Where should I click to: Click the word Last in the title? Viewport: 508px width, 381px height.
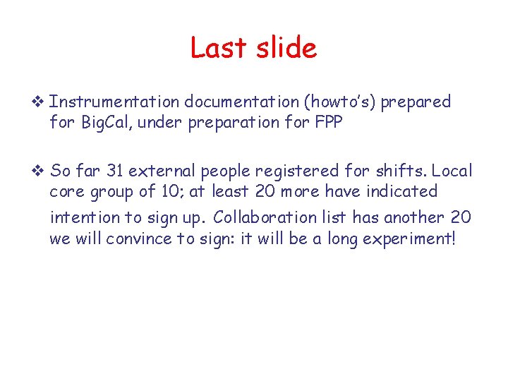[217, 48]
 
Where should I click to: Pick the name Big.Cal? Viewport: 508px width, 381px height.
[109, 122]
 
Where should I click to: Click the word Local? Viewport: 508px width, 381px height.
[452, 171]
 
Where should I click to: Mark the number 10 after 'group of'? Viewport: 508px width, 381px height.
[167, 191]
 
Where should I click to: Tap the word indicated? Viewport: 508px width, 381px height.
[401, 191]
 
